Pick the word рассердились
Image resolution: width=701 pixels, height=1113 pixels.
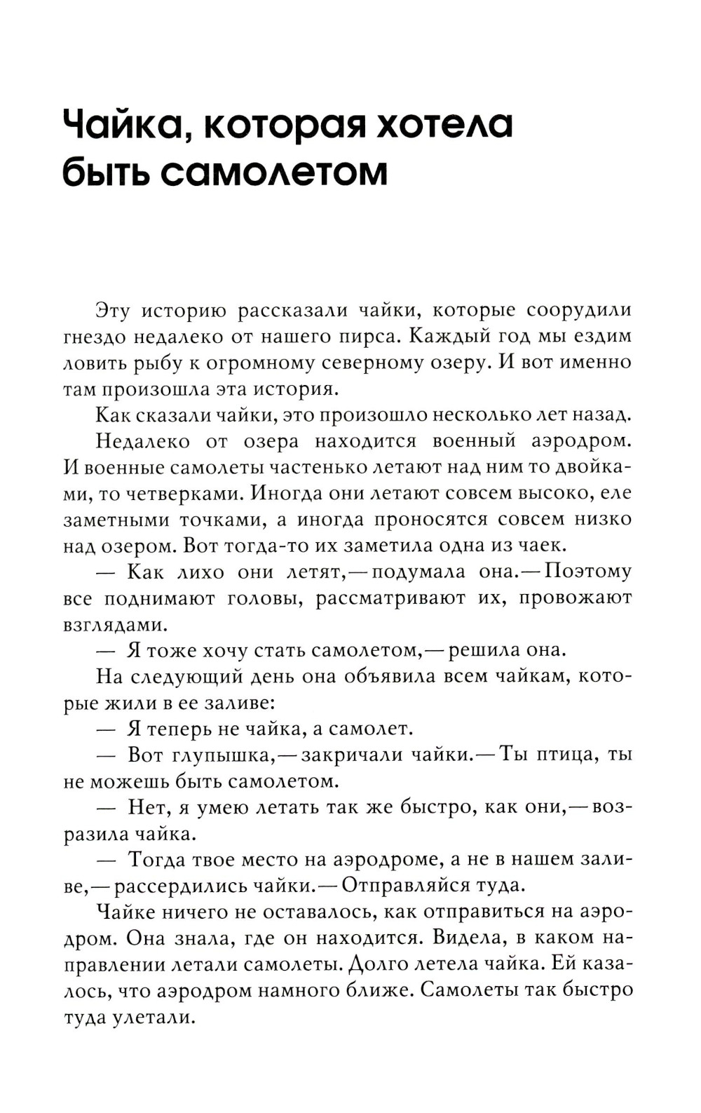(x=215, y=885)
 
